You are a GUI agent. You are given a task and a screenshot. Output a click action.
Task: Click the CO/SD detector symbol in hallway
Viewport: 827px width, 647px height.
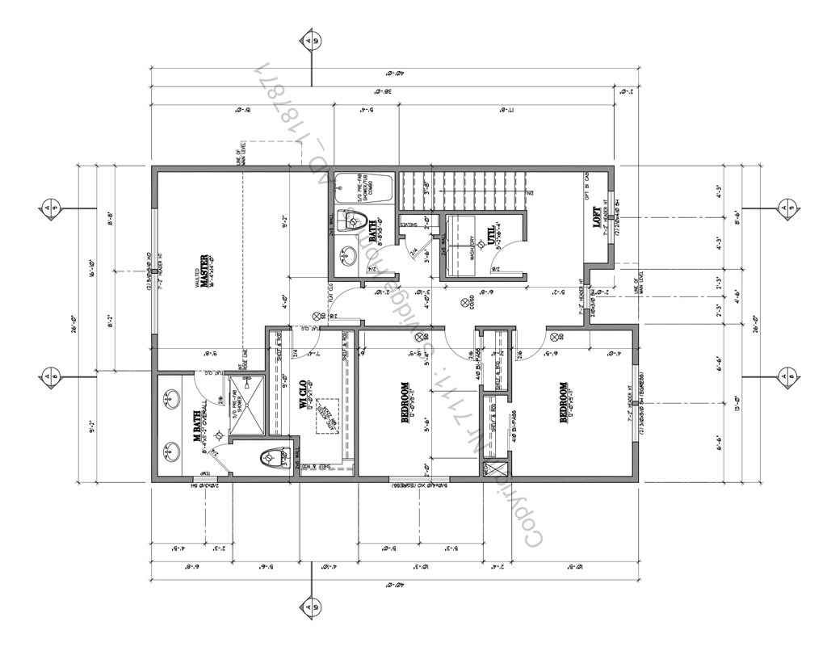click(x=464, y=303)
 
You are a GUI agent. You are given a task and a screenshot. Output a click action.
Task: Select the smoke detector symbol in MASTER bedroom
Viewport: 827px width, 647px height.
click(x=317, y=316)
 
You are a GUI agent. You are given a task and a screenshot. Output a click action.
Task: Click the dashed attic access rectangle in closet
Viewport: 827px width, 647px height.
click(x=327, y=416)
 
